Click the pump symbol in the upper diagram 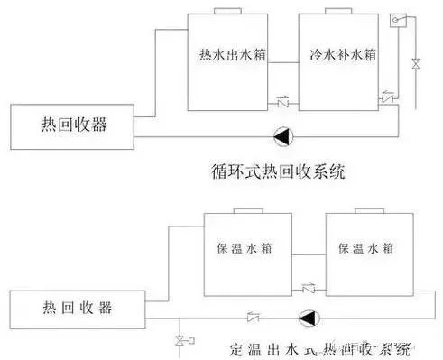pos(283,136)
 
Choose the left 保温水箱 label pos(239,248)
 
